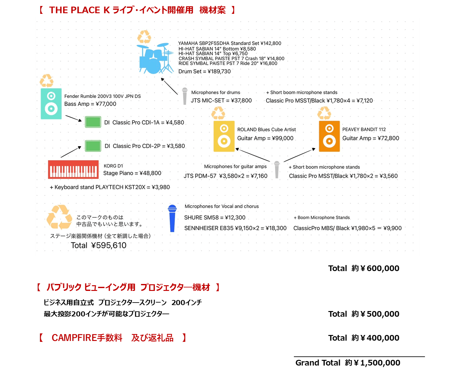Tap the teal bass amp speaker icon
(51, 104)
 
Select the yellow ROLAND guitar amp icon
(224, 136)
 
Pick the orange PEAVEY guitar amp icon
(329, 136)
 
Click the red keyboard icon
(73, 170)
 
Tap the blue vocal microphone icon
(172, 218)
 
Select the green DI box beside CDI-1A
(93, 122)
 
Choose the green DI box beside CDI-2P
(93, 146)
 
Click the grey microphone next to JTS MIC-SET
(185, 96)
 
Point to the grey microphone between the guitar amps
(277, 169)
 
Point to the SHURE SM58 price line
(215, 218)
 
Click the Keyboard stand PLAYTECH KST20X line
(110, 187)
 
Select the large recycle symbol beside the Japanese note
(59, 217)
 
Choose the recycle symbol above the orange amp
(324, 113)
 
